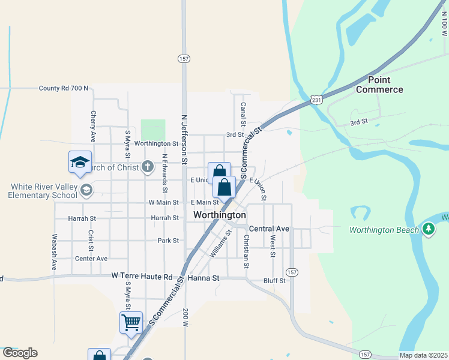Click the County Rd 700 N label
pyautogui.click(x=64, y=88)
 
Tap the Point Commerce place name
pyautogui.click(x=379, y=85)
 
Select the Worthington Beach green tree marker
pyautogui.click(x=428, y=229)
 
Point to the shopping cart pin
pyautogui.click(x=131, y=323)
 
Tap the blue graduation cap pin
pyautogui.click(x=80, y=162)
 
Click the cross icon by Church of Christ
pyautogui.click(x=148, y=167)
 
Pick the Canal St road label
pyautogui.click(x=243, y=115)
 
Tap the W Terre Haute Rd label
pyautogui.click(x=142, y=276)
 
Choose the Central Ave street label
pyautogui.click(x=269, y=229)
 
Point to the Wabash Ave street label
pyautogui.click(x=54, y=251)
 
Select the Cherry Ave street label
pyautogui.click(x=93, y=126)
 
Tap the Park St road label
pyautogui.click(x=168, y=241)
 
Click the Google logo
pyautogui.click(x=20, y=353)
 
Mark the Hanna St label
pyautogui.click(x=204, y=278)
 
